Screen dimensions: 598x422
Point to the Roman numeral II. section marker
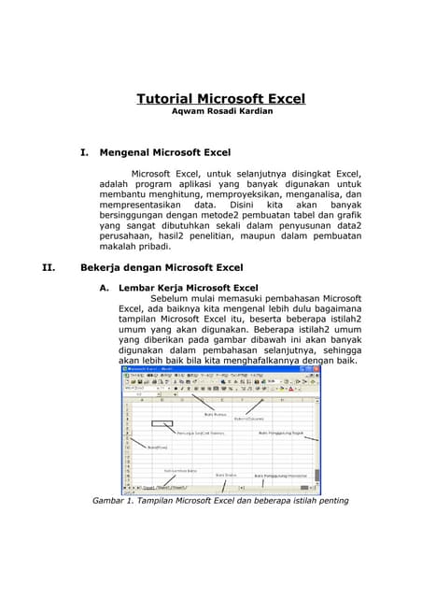tap(50, 267)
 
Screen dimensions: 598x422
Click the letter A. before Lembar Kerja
tap(105, 288)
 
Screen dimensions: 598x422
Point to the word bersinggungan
tap(133, 215)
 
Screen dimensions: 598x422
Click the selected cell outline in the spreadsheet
tap(162, 423)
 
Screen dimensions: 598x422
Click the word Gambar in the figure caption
tap(109, 501)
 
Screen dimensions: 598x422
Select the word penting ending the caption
tap(328, 501)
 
